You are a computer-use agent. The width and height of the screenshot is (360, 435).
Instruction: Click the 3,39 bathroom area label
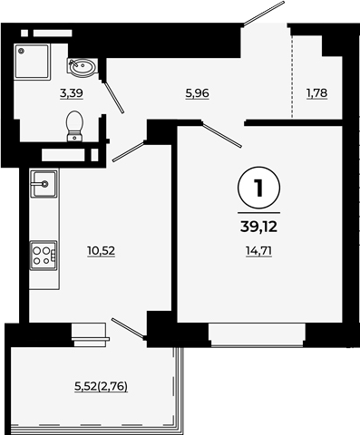click(x=72, y=93)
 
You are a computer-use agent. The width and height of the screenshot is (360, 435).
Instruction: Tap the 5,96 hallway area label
click(x=197, y=93)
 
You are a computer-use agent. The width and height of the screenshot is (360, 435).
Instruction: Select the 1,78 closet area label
click(x=316, y=93)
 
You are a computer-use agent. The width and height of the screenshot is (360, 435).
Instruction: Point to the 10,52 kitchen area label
click(x=102, y=251)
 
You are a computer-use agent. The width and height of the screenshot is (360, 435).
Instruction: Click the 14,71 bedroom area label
click(x=259, y=251)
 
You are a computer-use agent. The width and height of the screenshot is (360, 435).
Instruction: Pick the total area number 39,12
click(x=259, y=227)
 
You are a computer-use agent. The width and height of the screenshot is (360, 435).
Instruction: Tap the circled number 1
click(x=259, y=188)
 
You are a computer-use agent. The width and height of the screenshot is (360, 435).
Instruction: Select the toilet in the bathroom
click(x=74, y=126)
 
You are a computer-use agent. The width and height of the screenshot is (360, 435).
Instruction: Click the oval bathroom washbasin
click(x=82, y=67)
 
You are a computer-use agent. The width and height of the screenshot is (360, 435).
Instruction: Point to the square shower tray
click(x=33, y=62)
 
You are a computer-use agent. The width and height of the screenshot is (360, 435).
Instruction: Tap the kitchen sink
click(x=44, y=184)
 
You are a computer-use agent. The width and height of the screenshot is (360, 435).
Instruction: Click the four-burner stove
click(x=44, y=256)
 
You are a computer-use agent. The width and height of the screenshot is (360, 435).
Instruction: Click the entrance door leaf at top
click(x=264, y=14)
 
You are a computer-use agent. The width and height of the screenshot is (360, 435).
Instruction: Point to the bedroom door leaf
click(x=222, y=135)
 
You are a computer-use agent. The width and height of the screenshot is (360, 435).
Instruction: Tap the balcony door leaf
click(x=128, y=328)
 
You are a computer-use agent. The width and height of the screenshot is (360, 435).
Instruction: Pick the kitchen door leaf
click(x=128, y=151)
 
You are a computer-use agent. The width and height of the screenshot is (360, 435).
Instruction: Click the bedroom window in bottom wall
click(x=258, y=334)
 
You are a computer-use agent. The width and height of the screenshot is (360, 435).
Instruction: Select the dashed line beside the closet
click(x=292, y=76)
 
